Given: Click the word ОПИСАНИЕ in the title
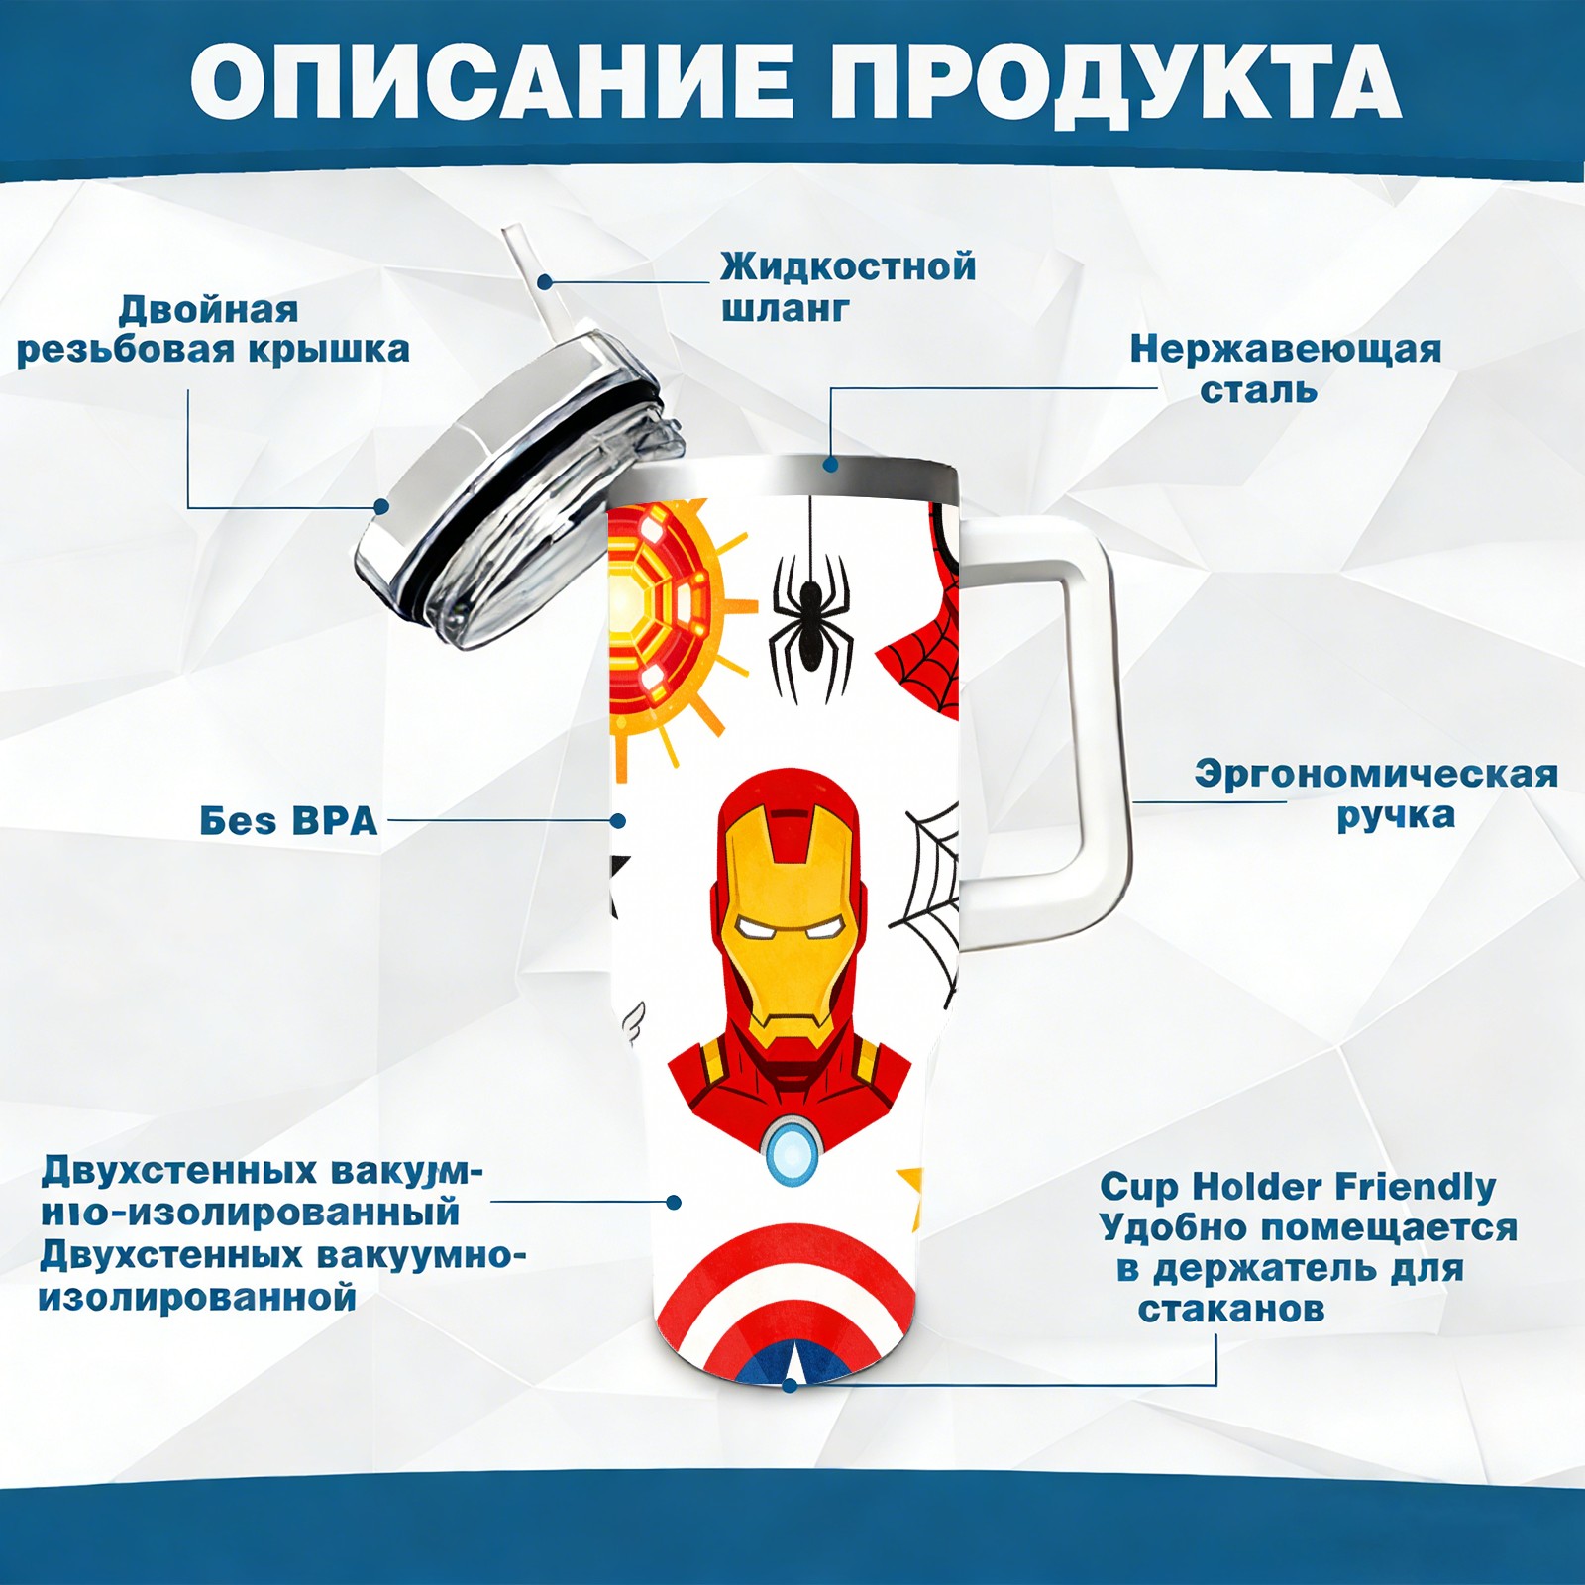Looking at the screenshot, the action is coord(491,82).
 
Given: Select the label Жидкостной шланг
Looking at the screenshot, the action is coord(848,287).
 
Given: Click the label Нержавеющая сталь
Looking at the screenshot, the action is coord(1286,369).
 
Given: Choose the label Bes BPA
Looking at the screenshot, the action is coord(288,821).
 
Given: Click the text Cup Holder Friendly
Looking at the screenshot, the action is coord(1298,1186).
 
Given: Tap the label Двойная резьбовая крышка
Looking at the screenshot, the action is coord(213,330).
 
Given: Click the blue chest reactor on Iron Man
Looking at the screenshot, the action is coord(792,1149).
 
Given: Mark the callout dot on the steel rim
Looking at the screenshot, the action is coord(830,464).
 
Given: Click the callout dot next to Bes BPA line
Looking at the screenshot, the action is coord(618,821).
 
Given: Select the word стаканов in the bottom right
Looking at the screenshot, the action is coord(1231,1309).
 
